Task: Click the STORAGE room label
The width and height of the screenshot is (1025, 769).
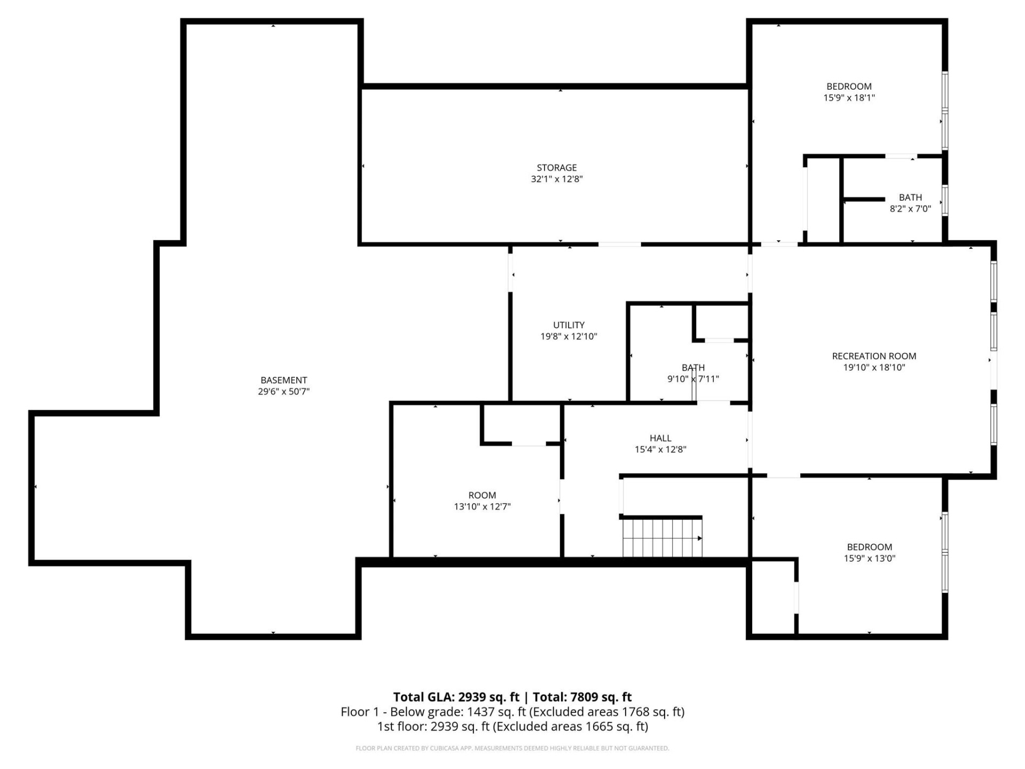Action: (556, 168)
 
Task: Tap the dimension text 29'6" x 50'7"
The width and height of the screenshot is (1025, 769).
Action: (283, 391)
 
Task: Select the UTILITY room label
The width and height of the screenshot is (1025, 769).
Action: (569, 325)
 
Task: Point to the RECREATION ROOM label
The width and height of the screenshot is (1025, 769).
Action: (874, 356)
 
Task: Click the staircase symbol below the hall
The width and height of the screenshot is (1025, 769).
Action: (662, 538)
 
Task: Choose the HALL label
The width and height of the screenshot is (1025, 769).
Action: (660, 438)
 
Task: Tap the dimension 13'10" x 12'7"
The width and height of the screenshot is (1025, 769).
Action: (482, 506)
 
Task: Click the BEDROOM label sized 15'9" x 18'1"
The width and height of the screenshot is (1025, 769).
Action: (849, 87)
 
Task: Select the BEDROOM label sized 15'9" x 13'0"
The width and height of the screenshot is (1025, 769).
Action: (869, 547)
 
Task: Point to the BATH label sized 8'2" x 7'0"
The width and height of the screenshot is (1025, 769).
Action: (910, 198)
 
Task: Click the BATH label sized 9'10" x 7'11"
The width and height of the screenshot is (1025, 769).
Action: (693, 367)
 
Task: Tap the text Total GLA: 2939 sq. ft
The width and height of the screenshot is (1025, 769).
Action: (456, 697)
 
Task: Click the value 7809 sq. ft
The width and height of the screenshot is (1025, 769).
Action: (601, 697)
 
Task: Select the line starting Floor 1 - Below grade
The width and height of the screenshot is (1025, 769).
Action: (512, 712)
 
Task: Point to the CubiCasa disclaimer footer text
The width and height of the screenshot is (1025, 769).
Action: (512, 748)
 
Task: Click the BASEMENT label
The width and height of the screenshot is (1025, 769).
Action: (283, 380)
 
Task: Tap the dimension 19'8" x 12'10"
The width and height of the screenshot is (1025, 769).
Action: (569, 336)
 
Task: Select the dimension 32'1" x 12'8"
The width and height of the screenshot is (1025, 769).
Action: (556, 179)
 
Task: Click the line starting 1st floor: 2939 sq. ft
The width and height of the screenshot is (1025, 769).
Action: (512, 726)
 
